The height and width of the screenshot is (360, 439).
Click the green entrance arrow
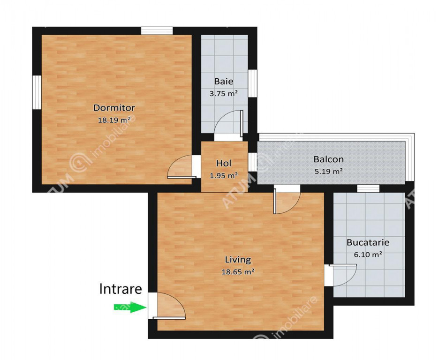pyautogui.click(x=130, y=307)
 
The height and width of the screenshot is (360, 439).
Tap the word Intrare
pyautogui.click(x=121, y=289)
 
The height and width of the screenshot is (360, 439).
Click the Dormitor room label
pyautogui.click(x=114, y=108)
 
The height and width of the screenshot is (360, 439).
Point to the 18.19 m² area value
pyautogui.click(x=114, y=120)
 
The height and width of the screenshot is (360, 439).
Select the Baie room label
pyautogui.click(x=224, y=82)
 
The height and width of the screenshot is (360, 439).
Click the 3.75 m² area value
pyautogui.click(x=224, y=93)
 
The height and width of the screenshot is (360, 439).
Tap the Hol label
pyautogui.click(x=224, y=163)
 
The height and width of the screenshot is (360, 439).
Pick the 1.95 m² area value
pyautogui.click(x=224, y=176)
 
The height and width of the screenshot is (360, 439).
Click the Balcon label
pyautogui.click(x=329, y=159)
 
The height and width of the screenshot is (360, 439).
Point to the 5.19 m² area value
pyautogui.click(x=329, y=171)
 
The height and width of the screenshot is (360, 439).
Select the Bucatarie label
pyautogui.click(x=368, y=242)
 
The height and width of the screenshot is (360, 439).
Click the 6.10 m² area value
pyautogui.click(x=368, y=255)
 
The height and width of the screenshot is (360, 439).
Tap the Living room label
pyautogui.click(x=238, y=260)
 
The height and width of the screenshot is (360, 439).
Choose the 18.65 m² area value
pyautogui.click(x=238, y=271)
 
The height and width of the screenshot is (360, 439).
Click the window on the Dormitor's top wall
pyautogui.click(x=157, y=31)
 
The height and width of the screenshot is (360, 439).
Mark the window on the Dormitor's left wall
pyautogui.click(x=37, y=92)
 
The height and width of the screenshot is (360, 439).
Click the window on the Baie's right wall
pyautogui.click(x=252, y=83)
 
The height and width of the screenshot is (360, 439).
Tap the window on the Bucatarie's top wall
pyautogui.click(x=368, y=188)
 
